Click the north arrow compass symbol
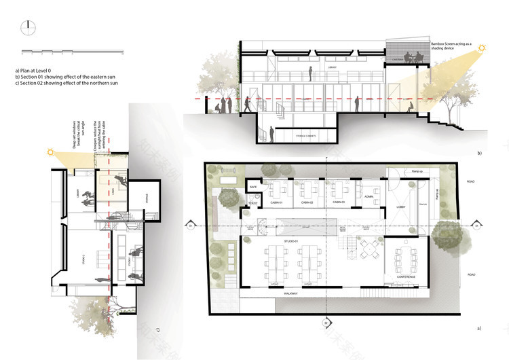27,28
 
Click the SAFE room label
253,185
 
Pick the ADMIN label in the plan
369,196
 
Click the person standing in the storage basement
271,132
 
